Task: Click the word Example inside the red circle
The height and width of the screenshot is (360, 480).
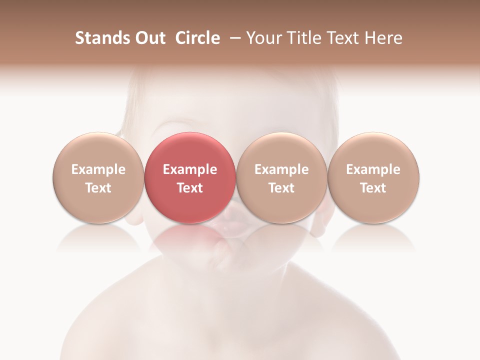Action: (x=190, y=169)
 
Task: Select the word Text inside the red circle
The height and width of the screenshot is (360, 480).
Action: (x=190, y=188)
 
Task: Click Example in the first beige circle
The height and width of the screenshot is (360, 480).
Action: (x=98, y=169)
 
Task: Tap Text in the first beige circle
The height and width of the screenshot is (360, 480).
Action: (x=98, y=188)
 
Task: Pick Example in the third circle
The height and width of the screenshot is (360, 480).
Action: (x=281, y=169)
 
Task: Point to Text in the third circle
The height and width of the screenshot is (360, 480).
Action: (x=281, y=188)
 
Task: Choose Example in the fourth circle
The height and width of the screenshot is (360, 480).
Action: (x=373, y=169)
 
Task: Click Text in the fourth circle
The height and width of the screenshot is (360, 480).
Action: (x=373, y=188)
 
